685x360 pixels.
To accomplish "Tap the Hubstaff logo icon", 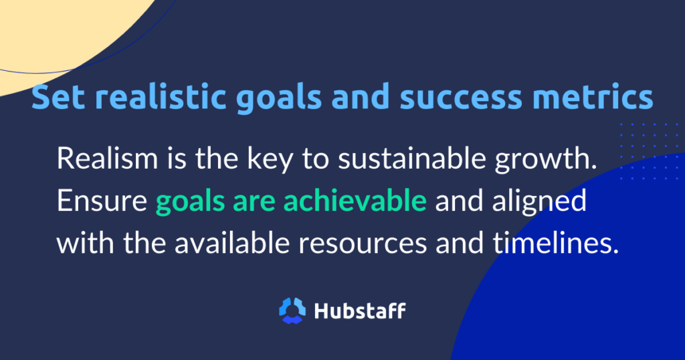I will coord(292,310).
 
